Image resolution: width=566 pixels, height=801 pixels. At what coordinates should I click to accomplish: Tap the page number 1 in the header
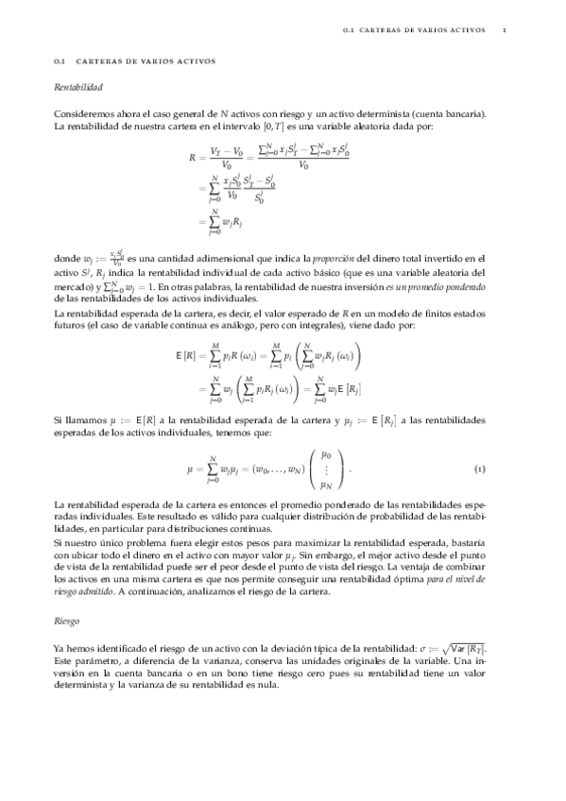[x=506, y=30]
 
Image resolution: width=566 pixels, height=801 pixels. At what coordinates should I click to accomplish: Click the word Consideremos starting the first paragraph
[x=83, y=113]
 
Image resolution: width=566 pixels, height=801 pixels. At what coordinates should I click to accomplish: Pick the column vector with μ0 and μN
[x=325, y=469]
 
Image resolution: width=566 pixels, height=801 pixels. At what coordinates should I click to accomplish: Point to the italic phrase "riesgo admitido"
[x=86, y=591]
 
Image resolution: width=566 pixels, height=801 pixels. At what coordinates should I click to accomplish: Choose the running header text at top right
[x=414, y=30]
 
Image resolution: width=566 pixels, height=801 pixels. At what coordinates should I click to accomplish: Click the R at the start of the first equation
[x=194, y=160]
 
